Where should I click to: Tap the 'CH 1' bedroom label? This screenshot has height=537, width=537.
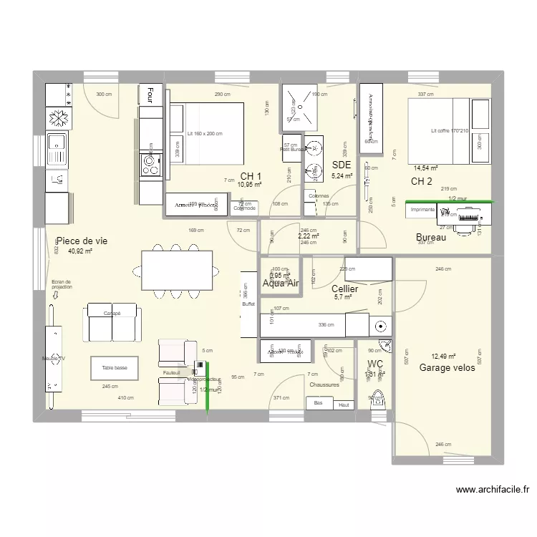click(251, 176)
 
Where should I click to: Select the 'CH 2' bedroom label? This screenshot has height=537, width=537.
click(421, 181)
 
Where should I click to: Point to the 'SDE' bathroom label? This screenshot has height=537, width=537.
click(341, 165)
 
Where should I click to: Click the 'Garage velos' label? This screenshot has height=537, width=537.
click(447, 367)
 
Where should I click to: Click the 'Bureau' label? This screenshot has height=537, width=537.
click(430, 237)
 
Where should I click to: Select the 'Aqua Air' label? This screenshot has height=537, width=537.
click(280, 284)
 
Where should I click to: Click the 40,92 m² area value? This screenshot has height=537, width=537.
click(79, 252)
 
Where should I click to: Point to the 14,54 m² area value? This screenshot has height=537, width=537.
click(425, 168)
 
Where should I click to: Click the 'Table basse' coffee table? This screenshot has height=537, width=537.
click(115, 368)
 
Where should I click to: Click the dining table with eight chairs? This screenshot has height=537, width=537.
click(177, 271)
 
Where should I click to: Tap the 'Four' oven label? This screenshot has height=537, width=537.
click(150, 94)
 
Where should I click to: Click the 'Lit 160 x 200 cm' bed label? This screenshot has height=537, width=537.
click(204, 134)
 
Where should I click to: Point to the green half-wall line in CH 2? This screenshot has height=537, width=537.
click(450, 203)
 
